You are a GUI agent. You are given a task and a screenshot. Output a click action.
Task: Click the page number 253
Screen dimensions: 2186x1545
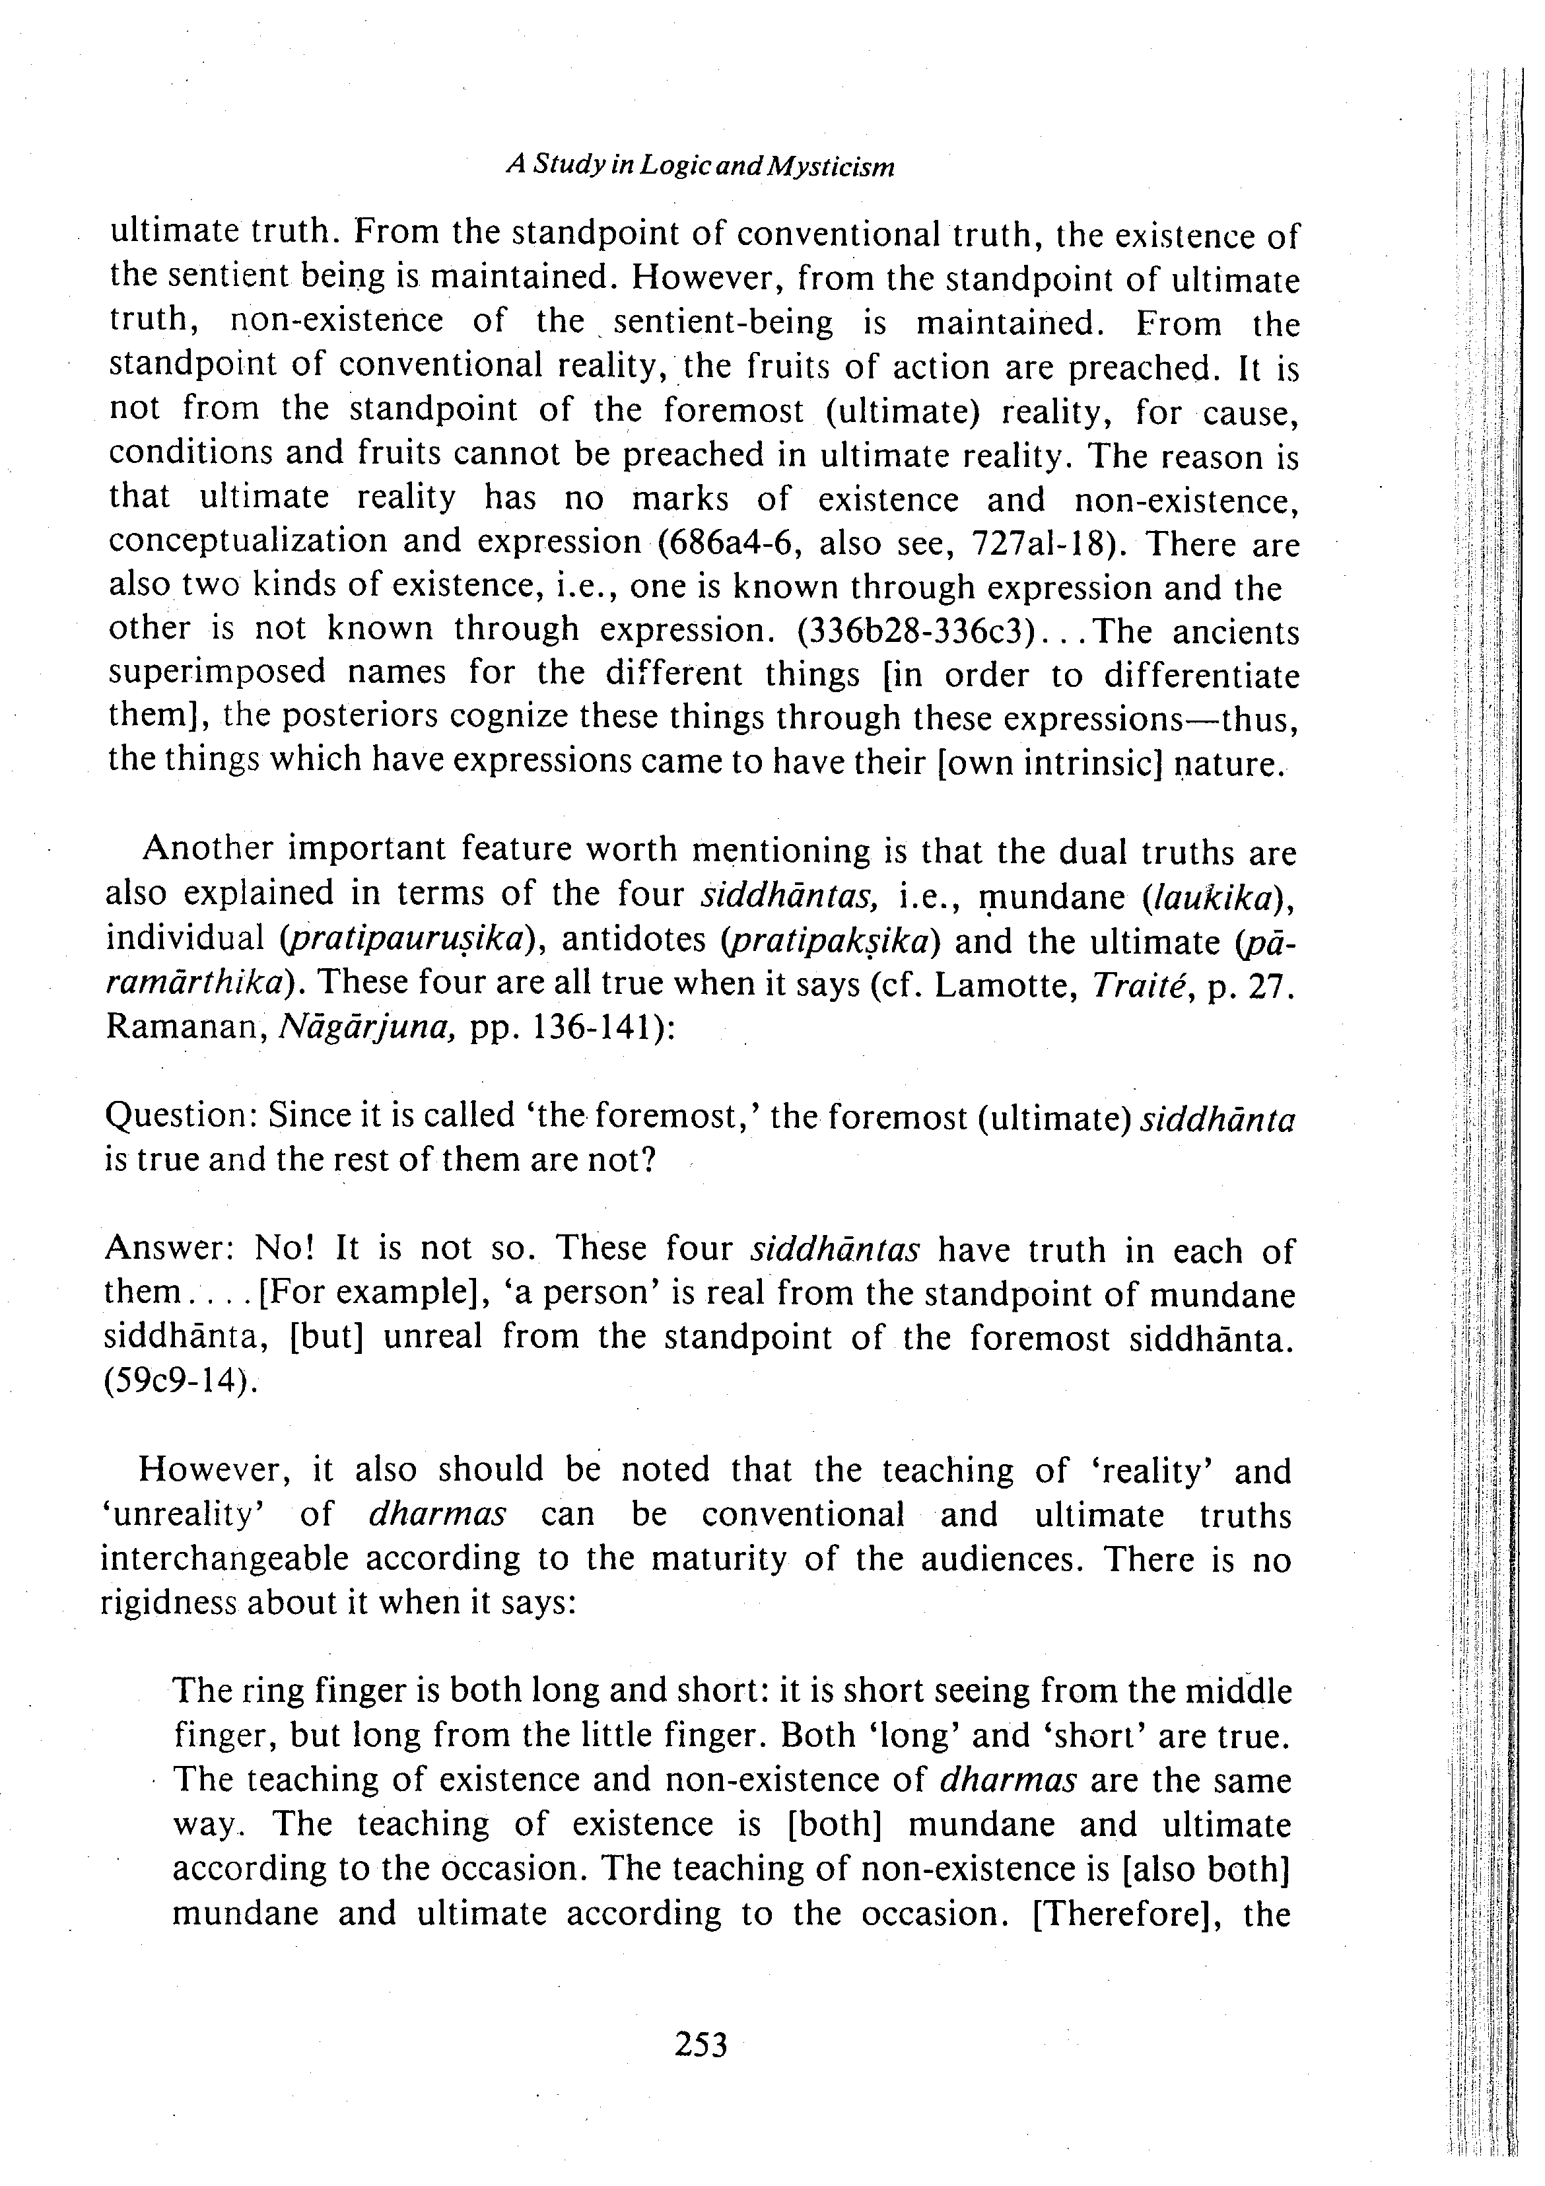(x=700, y=2044)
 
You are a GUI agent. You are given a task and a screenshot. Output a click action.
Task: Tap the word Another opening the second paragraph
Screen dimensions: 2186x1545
(x=207, y=849)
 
